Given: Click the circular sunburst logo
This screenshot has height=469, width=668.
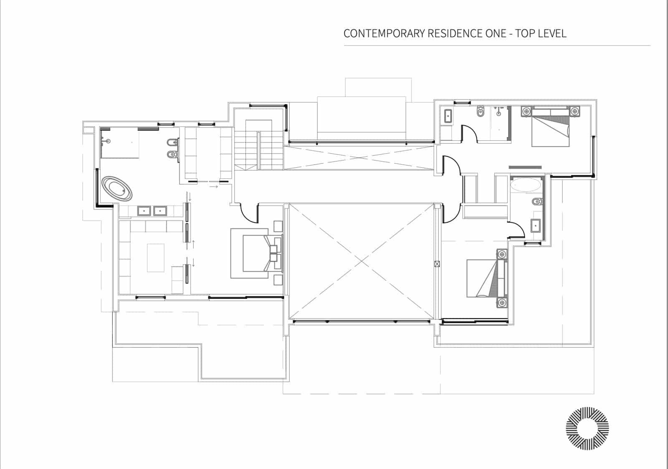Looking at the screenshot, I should [x=587, y=428].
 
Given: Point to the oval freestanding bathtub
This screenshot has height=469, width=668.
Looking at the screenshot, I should [x=117, y=189].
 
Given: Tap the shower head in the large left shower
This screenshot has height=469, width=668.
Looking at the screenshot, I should [x=109, y=141].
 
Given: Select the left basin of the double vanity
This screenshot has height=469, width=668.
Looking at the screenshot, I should [x=144, y=211].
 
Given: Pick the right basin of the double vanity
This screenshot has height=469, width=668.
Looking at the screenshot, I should [x=160, y=211].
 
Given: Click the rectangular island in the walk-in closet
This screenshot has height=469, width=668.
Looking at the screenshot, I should [x=156, y=258].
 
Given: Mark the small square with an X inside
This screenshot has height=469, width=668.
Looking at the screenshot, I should [x=437, y=264].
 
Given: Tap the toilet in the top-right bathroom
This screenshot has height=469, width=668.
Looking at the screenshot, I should [x=481, y=112].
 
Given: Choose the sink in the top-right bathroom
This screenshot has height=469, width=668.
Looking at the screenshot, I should [x=448, y=116].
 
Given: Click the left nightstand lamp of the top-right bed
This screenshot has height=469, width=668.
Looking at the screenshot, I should [x=526, y=111].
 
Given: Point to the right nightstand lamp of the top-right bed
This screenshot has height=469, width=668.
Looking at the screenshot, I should [x=575, y=111].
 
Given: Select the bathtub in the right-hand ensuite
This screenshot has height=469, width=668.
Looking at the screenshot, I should [x=525, y=185].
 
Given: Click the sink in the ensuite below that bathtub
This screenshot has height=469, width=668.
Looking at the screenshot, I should [x=536, y=226].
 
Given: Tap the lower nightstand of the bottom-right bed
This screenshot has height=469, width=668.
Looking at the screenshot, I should [x=502, y=302].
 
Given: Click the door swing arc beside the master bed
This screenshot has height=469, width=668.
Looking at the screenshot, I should [x=248, y=214].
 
